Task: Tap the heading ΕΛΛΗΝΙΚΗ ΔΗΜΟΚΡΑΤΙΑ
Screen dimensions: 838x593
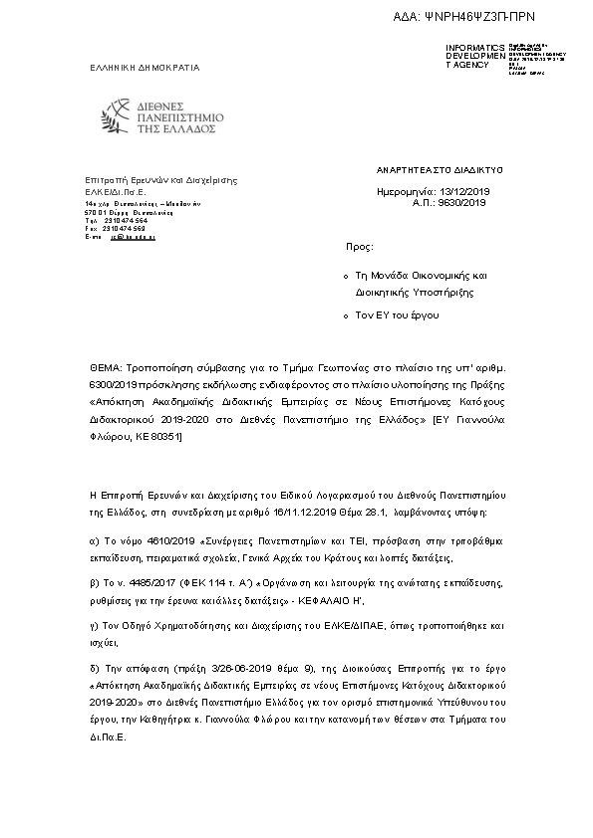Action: click(145, 68)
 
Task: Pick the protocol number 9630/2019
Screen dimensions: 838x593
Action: click(463, 202)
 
